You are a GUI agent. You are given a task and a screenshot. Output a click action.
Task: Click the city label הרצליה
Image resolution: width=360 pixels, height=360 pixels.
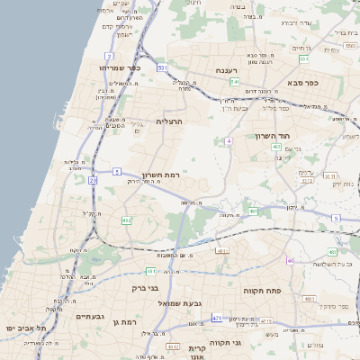[x=170, y=121]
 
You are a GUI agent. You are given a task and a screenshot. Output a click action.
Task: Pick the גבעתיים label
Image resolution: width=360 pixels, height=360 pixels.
[x=92, y=317]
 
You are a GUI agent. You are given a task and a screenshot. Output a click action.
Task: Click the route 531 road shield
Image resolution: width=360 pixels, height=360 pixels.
[x=162, y=67]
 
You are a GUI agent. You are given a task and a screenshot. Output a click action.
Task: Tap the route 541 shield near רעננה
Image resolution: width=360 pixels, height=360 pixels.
[x=234, y=82]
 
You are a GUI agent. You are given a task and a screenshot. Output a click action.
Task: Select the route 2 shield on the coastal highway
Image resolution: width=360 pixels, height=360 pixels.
[x=109, y=56]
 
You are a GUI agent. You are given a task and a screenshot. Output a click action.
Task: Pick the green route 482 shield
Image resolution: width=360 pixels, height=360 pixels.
[x=127, y=220]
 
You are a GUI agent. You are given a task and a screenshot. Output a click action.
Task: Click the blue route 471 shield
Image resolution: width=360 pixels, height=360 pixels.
[x=217, y=318]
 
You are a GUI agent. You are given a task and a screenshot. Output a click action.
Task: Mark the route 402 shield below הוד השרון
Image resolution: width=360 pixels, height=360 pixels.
[x=276, y=146]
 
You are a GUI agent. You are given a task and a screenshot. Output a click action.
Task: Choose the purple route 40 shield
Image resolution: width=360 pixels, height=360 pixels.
[x=290, y=261]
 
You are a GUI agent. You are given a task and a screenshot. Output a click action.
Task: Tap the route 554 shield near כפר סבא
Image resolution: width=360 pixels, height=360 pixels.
[x=304, y=58]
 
